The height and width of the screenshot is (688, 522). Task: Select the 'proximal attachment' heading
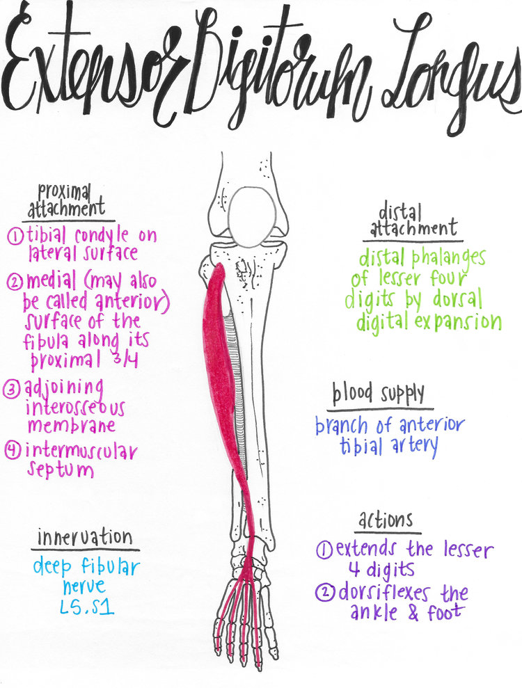coord(66,200)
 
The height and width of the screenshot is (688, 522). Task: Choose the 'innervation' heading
coord(84,537)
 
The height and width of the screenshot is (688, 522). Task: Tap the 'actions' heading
coord(386,519)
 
